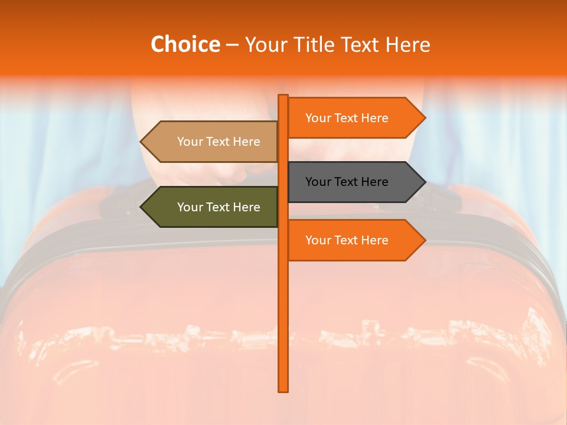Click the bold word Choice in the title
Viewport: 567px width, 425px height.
[185, 44]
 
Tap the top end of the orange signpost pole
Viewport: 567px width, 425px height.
[283, 96]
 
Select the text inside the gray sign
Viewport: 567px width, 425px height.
[347, 182]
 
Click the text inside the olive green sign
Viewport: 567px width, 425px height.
[219, 207]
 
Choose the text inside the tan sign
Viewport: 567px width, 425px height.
[219, 142]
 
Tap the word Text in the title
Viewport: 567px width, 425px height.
[363, 44]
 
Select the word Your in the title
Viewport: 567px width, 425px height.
[265, 44]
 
